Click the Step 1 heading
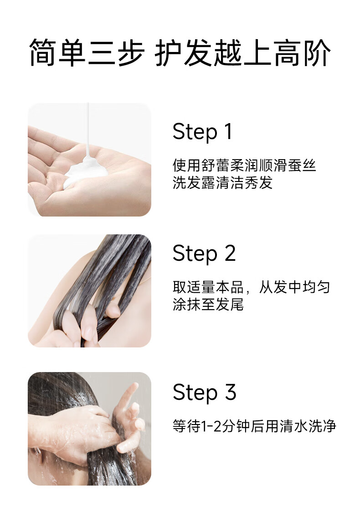click(203, 132)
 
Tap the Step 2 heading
click(204, 253)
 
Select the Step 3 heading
click(205, 393)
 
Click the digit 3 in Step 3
click(231, 392)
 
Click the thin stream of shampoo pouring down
click(87, 129)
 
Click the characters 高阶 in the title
click(303, 53)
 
